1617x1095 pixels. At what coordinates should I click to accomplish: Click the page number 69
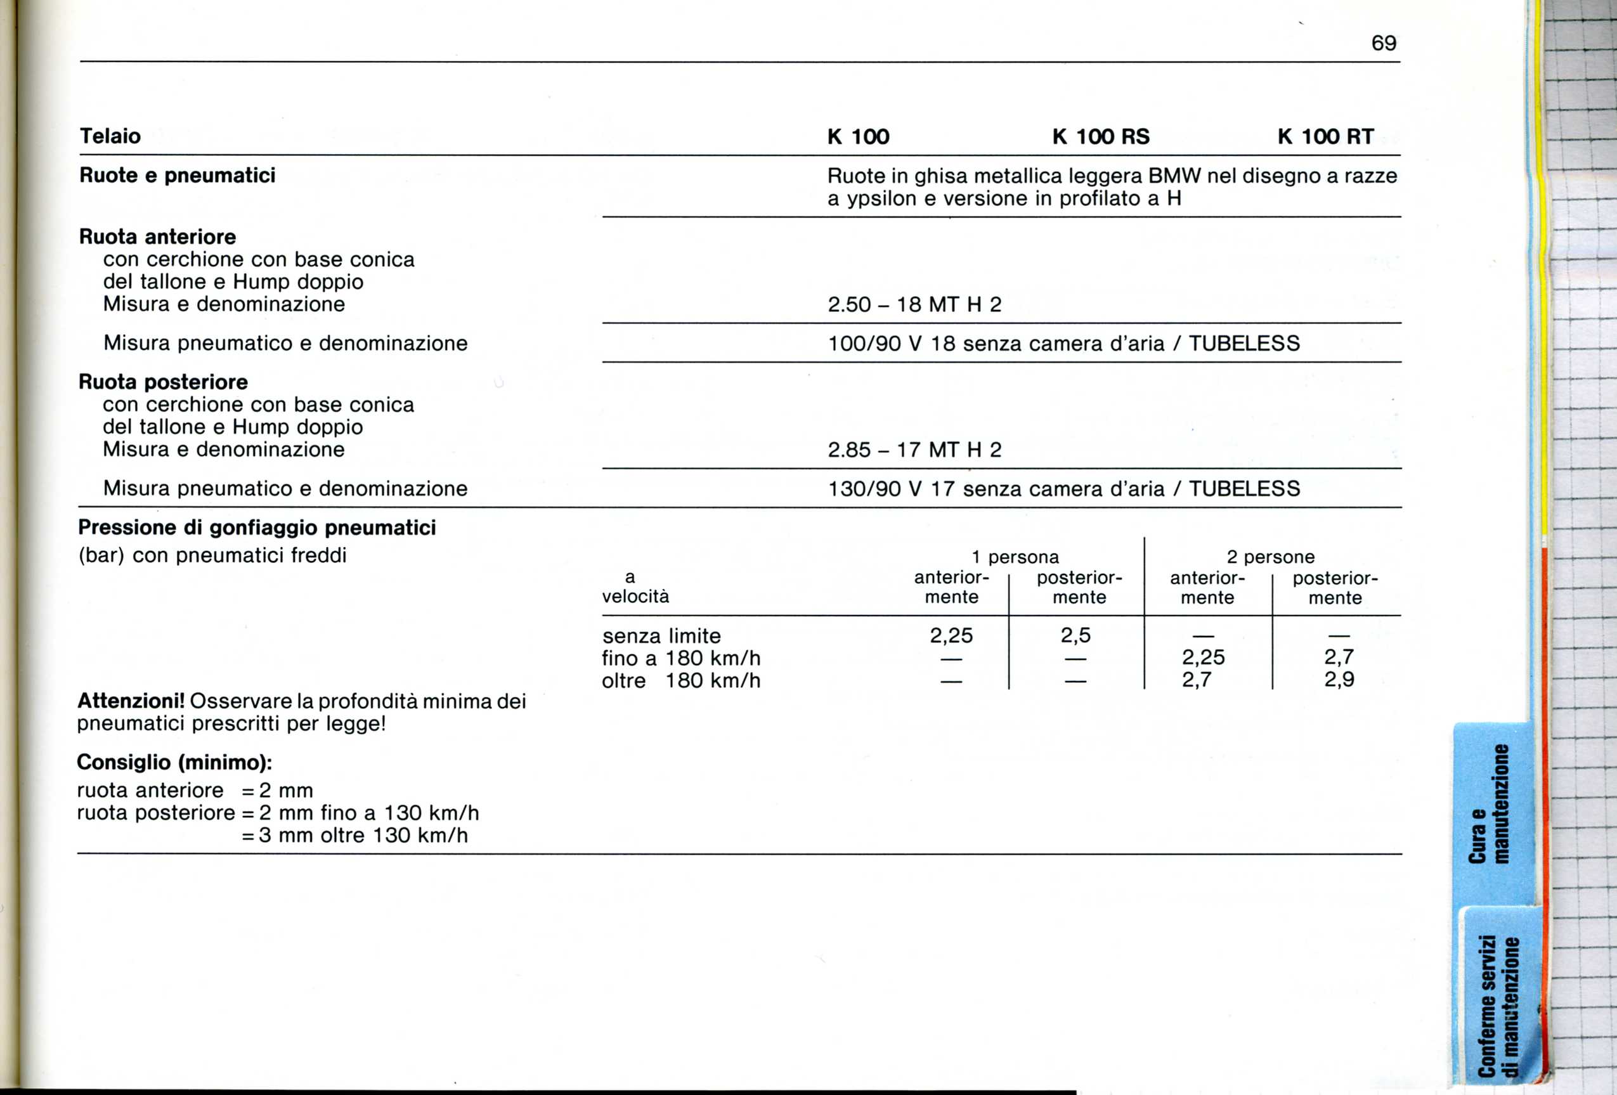tap(1383, 43)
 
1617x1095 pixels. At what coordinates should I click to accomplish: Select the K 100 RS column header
tap(1101, 136)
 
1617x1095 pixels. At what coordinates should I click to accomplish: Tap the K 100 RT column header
tap(1325, 136)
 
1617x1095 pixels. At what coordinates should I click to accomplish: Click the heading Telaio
tap(110, 136)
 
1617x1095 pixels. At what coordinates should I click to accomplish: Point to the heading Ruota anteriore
tap(157, 236)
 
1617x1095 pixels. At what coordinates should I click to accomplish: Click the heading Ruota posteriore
tap(163, 382)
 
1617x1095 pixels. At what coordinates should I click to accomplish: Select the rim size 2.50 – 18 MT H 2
tap(914, 305)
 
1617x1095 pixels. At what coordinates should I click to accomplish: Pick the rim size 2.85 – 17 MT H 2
tap(914, 450)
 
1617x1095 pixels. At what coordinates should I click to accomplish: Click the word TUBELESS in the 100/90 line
tap(1244, 344)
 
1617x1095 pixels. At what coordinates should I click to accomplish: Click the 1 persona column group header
tap(1015, 557)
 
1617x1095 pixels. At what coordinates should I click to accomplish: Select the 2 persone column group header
tap(1271, 557)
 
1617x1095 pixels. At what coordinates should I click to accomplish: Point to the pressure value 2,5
tap(1075, 635)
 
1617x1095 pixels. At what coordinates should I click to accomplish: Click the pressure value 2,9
tap(1339, 680)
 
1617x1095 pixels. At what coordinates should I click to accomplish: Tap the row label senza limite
tap(661, 636)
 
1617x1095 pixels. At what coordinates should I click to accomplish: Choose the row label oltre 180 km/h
tap(680, 680)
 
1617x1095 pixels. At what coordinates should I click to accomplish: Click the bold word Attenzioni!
tap(131, 701)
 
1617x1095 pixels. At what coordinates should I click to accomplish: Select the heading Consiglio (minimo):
tap(174, 763)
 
